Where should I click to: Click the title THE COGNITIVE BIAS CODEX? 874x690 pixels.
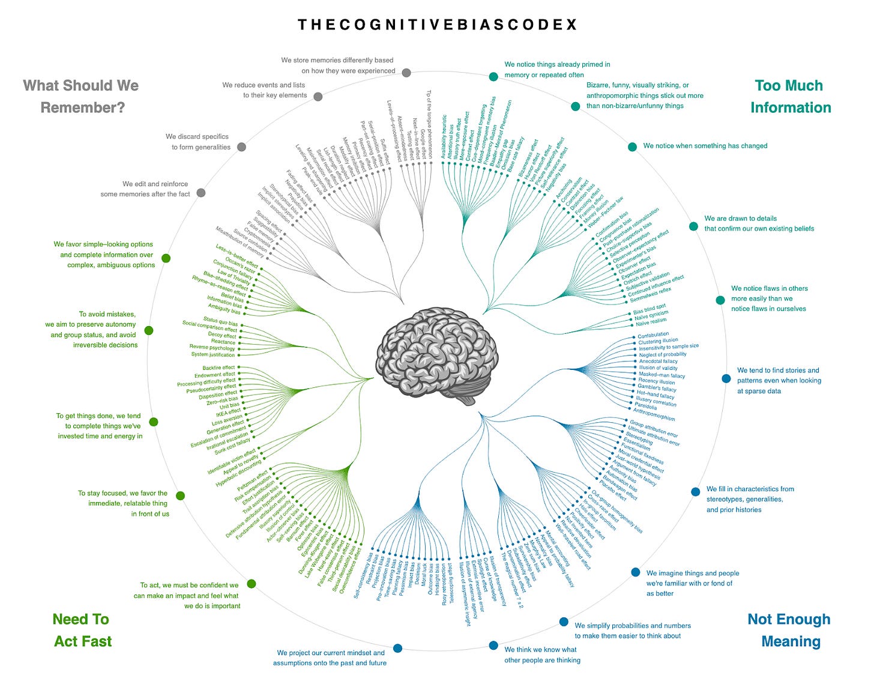(438, 25)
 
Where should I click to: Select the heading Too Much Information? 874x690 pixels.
(789, 96)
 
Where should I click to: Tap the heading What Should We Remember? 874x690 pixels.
(82, 96)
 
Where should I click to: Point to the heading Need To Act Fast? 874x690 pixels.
(82, 630)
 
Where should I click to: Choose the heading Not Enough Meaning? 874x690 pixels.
(789, 630)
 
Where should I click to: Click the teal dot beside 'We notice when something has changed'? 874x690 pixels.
(632, 147)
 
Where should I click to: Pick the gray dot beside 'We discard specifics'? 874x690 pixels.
(241, 147)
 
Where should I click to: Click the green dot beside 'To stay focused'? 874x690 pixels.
(180, 496)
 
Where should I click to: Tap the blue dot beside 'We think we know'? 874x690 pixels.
(493, 646)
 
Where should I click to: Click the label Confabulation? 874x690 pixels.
(653, 334)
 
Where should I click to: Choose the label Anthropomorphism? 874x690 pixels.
(654, 414)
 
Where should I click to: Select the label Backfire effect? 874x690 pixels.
(218, 368)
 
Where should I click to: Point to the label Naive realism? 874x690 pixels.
(651, 322)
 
